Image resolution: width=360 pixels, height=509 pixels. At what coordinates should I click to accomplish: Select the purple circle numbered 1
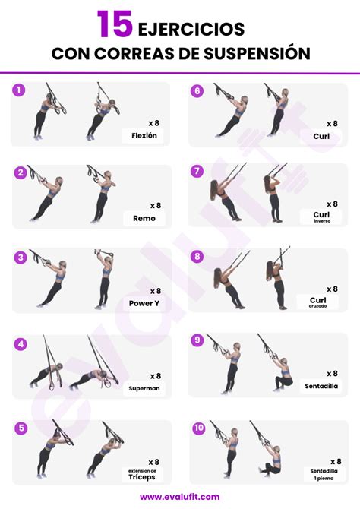19,90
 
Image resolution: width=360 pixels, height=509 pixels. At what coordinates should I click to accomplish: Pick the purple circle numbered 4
21,344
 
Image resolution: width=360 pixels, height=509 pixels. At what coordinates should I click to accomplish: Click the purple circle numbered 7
197,171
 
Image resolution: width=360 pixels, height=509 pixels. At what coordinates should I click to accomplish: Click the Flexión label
144,136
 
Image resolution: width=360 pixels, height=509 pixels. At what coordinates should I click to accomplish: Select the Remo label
144,218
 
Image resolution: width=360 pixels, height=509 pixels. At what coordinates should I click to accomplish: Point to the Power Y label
144,303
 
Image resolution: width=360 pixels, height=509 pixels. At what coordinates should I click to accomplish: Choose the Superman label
144,387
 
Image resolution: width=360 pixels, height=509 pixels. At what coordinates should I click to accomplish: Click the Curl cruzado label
317,302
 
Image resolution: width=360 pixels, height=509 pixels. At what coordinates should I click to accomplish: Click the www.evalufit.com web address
179,497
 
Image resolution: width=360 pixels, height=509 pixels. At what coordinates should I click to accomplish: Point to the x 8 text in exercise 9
332,373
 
